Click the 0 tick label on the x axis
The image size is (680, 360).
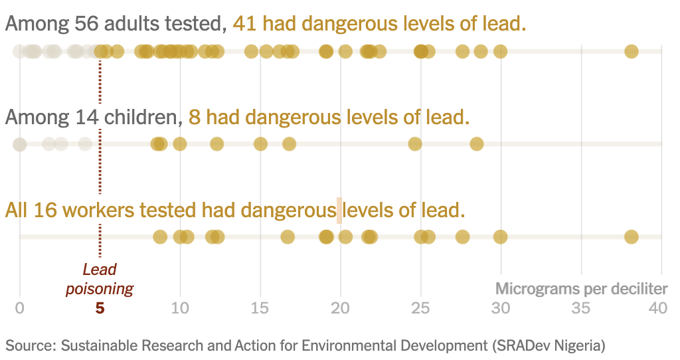coord(20,309)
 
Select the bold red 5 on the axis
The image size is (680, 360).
coord(100,309)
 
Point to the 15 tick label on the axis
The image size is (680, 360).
coord(260,309)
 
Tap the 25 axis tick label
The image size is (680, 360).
coord(420,309)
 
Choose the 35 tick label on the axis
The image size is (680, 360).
coord(581,309)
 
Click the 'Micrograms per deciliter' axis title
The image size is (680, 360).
coord(581,289)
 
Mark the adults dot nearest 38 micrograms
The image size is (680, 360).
coord(631,51)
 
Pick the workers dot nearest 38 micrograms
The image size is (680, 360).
coord(631,236)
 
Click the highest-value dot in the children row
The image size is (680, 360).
coord(477,143)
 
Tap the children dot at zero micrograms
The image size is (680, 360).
coord(20,144)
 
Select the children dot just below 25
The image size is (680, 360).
coord(415,143)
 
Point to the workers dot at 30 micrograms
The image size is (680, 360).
coord(500,236)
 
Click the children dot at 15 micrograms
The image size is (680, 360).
coord(260,143)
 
